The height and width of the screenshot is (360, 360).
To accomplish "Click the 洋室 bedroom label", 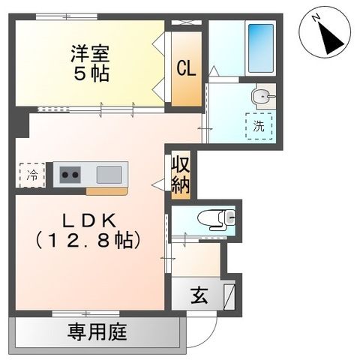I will (x=90, y=54).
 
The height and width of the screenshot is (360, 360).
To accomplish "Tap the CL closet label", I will (x=187, y=67).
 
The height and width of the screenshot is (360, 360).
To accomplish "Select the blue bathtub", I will (x=260, y=48).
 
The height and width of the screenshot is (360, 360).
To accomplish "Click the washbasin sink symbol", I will (x=261, y=95).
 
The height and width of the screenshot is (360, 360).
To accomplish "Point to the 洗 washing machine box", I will (x=259, y=126).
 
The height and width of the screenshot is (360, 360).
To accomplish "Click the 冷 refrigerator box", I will (x=32, y=175).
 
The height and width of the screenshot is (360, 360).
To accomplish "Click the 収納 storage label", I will (x=180, y=175).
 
